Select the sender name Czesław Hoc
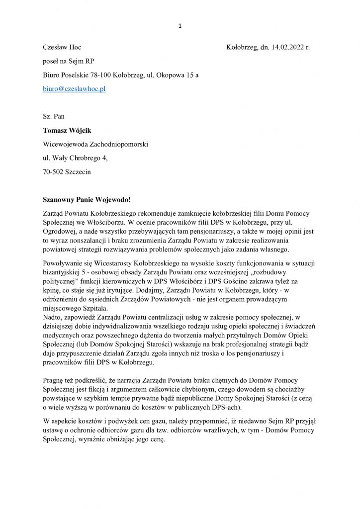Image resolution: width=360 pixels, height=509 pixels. (x=62, y=47)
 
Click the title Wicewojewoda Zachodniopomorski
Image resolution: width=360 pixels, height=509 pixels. (x=95, y=144)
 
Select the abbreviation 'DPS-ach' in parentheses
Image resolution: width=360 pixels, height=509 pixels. (x=225, y=408)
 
